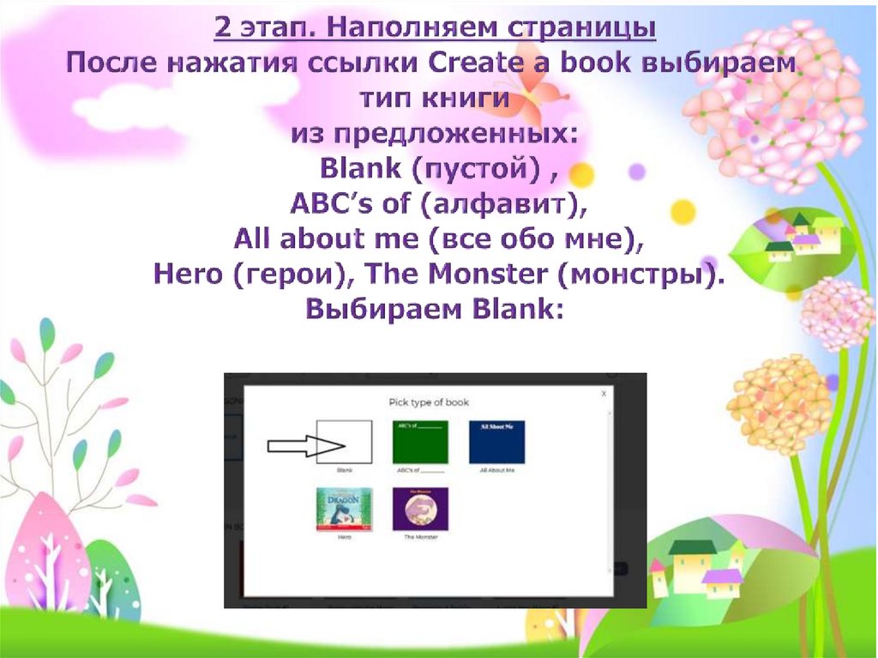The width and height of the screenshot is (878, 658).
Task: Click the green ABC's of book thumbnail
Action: pyautogui.click(x=420, y=442)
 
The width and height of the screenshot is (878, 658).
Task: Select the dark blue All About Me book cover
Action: pyautogui.click(x=496, y=442)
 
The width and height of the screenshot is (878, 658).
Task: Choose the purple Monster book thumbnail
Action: pyautogui.click(x=420, y=510)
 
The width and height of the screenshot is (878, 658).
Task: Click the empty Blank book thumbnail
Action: pyautogui.click(x=344, y=442)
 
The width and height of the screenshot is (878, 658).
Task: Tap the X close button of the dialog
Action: pyautogui.click(x=604, y=393)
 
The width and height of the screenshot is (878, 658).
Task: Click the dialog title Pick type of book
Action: pyautogui.click(x=429, y=402)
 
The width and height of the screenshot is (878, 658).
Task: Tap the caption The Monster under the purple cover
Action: pyautogui.click(x=420, y=537)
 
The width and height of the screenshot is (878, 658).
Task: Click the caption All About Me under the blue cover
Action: pyautogui.click(x=496, y=470)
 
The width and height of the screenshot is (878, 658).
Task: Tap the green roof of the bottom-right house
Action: pyautogui.click(x=691, y=547)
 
